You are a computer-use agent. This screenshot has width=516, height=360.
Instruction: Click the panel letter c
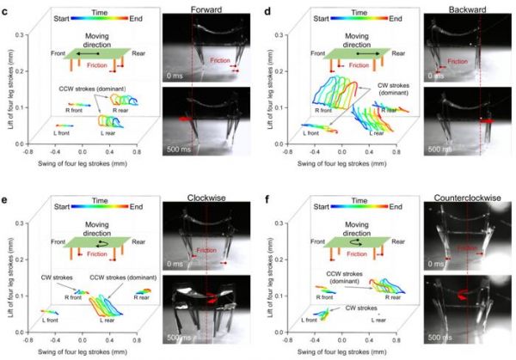(6, 8)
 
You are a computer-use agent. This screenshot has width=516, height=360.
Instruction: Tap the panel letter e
(6, 185)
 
